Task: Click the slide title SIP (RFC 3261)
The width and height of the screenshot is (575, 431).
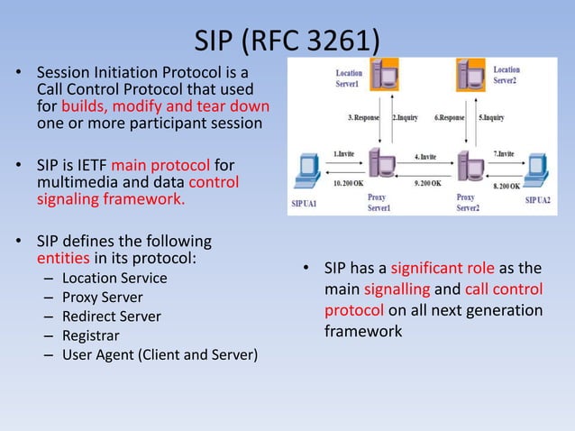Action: coord(287,40)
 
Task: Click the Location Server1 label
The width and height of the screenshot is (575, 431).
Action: coord(350,78)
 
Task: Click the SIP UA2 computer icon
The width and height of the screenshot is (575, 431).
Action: coord(537,171)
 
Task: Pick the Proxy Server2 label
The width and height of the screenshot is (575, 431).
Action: coord(469,202)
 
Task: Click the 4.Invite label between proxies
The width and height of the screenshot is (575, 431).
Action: coord(426,156)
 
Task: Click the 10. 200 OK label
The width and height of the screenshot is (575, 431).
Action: coord(349,183)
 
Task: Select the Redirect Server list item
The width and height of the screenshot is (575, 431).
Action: coord(112,316)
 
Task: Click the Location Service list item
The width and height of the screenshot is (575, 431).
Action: coord(114,278)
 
